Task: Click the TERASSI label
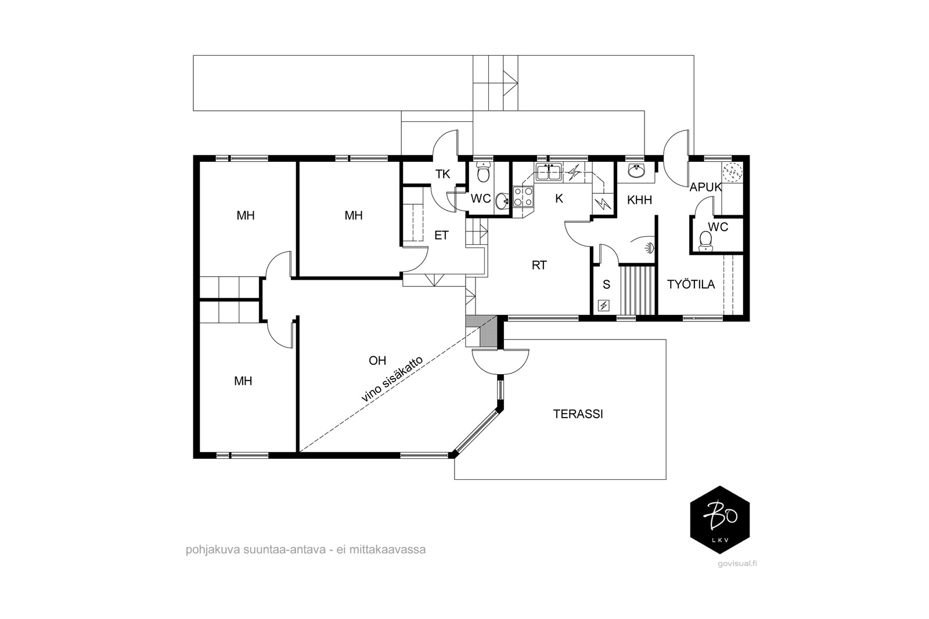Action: (x=578, y=414)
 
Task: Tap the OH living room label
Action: (x=377, y=360)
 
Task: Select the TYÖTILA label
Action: (x=691, y=284)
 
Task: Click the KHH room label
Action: (x=639, y=200)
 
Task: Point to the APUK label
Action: (x=705, y=187)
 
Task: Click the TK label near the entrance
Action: (x=442, y=174)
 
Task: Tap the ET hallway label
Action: (x=441, y=236)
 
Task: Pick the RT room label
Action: (x=539, y=265)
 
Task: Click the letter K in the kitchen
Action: (x=559, y=199)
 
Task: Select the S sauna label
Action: (x=606, y=284)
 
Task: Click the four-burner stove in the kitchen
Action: (x=523, y=197)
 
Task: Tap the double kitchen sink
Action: (x=549, y=172)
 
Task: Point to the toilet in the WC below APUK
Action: (x=705, y=241)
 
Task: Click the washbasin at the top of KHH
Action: (x=636, y=171)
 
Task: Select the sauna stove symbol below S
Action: (x=604, y=306)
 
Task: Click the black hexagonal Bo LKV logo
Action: (x=719, y=520)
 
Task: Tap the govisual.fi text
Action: (x=737, y=563)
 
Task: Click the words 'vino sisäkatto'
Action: (x=393, y=379)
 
